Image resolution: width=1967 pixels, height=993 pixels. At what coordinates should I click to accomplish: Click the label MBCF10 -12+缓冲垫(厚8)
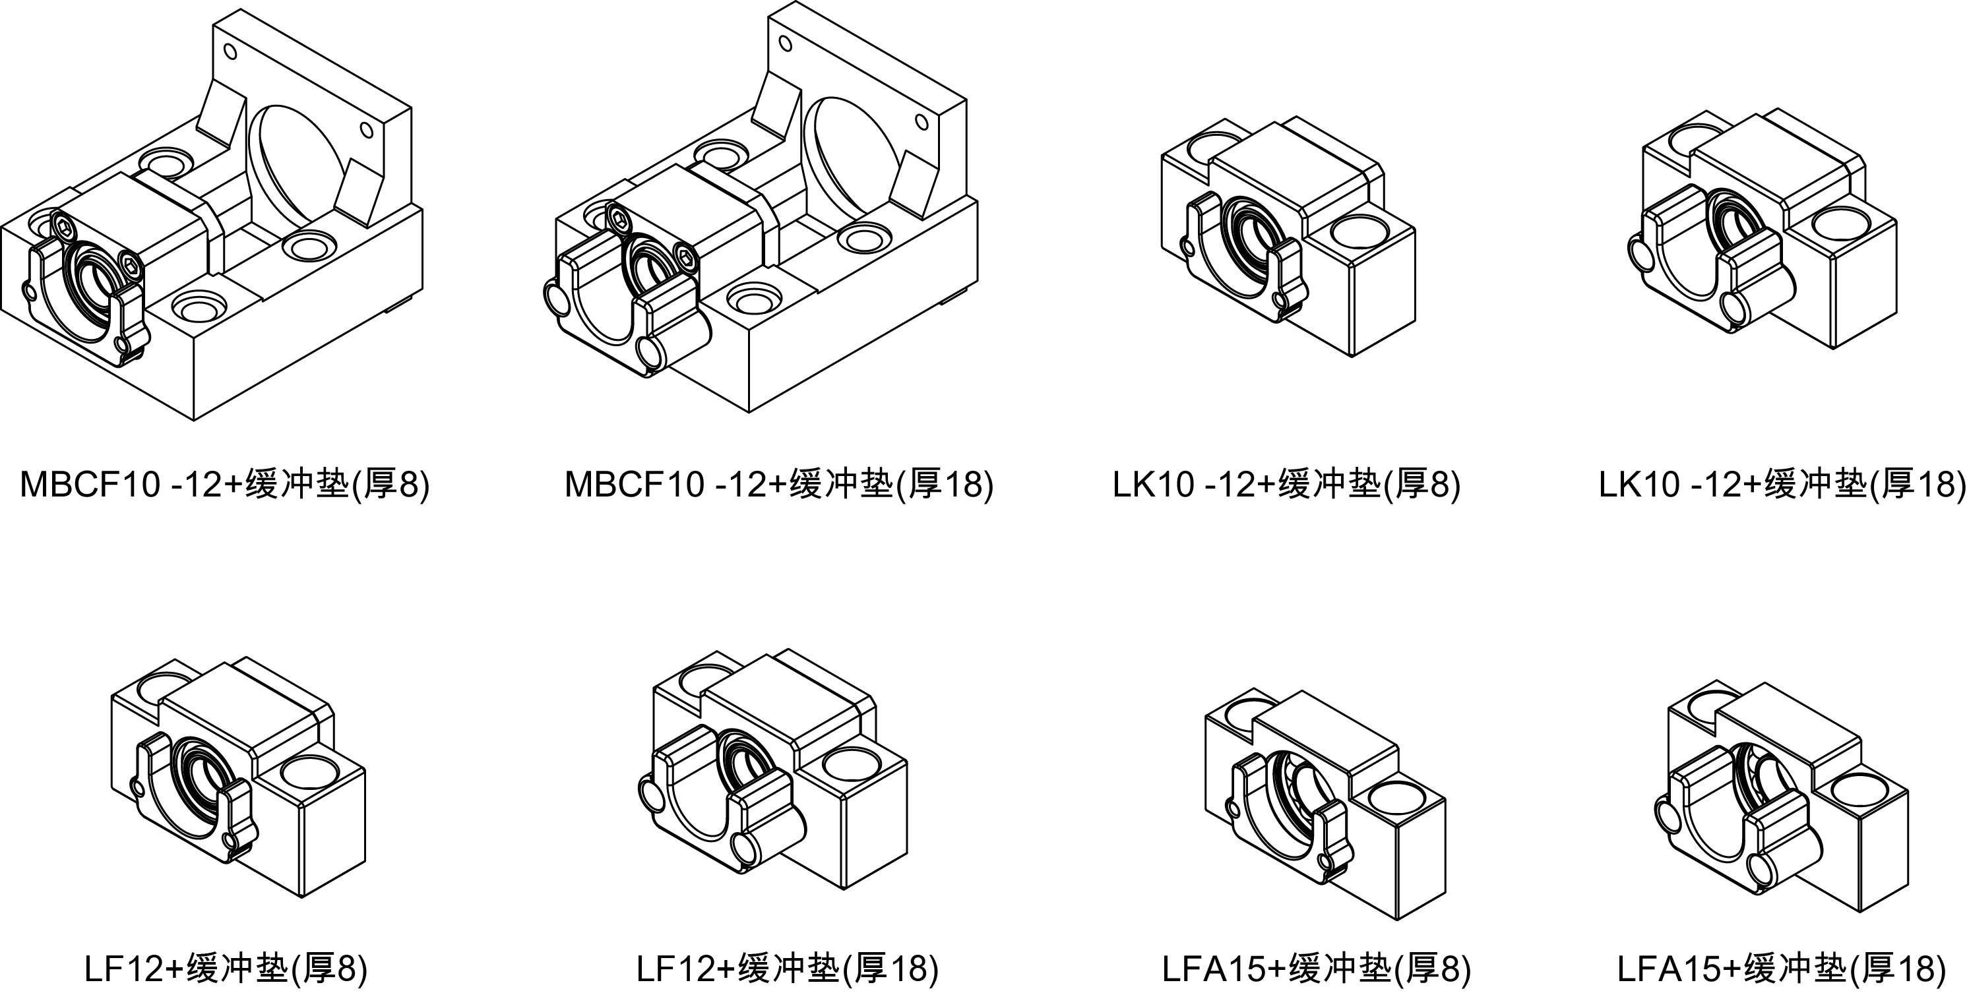(224, 484)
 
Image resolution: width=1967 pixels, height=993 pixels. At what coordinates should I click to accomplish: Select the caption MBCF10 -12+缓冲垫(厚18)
(778, 484)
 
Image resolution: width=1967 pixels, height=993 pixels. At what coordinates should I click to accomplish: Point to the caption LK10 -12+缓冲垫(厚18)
(1782, 484)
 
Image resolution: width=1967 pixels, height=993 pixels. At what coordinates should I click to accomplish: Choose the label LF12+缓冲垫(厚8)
(226, 969)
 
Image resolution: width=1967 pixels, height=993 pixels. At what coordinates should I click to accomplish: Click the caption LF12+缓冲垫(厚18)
(787, 969)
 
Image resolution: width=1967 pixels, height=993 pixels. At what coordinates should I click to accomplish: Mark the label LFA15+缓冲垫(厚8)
(1317, 969)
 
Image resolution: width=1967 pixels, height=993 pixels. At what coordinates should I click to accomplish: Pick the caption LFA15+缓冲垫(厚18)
(1782, 969)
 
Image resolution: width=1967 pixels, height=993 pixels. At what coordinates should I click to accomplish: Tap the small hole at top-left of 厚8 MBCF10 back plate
(229, 52)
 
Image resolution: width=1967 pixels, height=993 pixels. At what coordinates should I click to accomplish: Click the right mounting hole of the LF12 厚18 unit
(852, 764)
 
